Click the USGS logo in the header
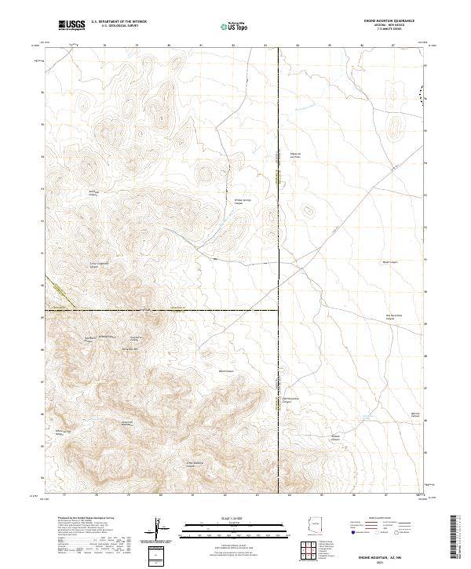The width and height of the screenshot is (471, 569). click(71, 25)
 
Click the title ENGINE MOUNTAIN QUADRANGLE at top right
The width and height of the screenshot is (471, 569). click(389, 21)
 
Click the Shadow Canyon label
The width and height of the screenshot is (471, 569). click(336, 437)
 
